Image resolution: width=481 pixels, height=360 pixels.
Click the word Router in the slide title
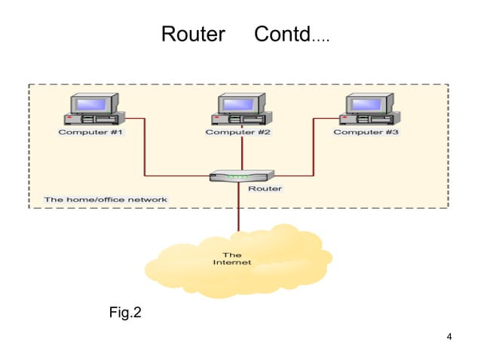coord(193,35)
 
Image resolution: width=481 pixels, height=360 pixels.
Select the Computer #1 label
coord(90,133)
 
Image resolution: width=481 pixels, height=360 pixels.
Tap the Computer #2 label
coord(237,133)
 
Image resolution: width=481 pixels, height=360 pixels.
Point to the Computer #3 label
coord(366,133)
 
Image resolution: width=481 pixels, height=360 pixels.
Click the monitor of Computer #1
coord(93,103)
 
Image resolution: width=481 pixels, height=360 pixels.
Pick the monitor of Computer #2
coord(242,103)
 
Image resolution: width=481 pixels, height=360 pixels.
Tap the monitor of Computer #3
coord(369,103)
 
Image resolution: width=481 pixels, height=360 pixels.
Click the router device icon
coord(229,176)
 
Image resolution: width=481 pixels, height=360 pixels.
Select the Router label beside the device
coord(265,188)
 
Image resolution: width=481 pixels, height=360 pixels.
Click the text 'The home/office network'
coord(106,200)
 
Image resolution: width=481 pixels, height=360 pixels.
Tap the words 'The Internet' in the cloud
coord(231,258)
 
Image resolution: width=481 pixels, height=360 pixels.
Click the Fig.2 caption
coord(125,312)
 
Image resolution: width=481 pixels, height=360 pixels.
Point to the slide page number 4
coord(449,336)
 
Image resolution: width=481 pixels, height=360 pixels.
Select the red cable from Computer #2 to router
coord(241,154)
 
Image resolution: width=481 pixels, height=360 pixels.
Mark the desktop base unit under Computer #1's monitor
coord(94,119)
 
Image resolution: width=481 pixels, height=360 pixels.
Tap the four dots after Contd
coord(320,38)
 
